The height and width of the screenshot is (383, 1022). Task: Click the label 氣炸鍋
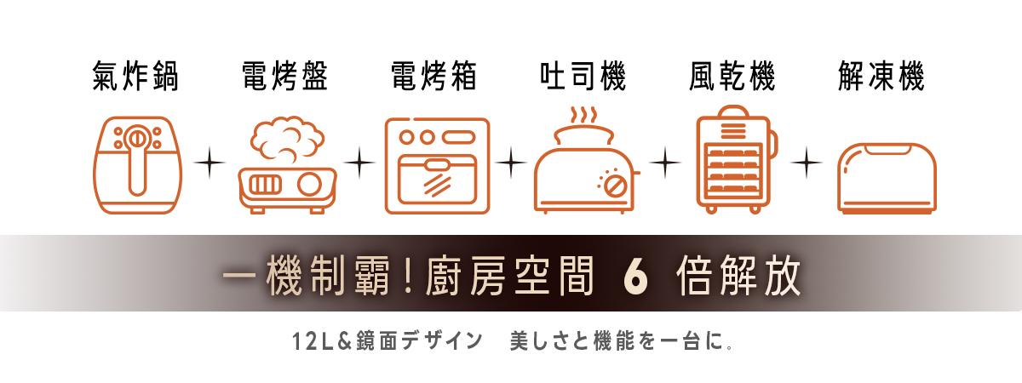135,76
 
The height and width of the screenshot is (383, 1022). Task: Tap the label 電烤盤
284,76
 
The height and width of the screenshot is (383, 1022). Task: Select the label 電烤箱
433,76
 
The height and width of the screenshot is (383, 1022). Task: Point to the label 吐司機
583,76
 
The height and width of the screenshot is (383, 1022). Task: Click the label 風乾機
732,76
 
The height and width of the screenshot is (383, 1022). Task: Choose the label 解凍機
881,76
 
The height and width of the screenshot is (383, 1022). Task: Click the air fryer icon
138,165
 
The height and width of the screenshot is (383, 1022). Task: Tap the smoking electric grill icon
288,165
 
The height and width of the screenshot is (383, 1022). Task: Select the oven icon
437,166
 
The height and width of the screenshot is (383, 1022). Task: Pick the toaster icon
587,161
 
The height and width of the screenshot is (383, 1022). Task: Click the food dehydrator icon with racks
736,160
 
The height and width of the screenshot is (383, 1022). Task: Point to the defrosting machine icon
887,178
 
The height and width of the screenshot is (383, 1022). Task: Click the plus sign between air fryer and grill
210,163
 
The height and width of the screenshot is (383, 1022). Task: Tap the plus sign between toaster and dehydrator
665,163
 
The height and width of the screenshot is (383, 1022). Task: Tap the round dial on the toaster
614,186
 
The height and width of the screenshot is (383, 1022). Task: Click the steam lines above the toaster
583,116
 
